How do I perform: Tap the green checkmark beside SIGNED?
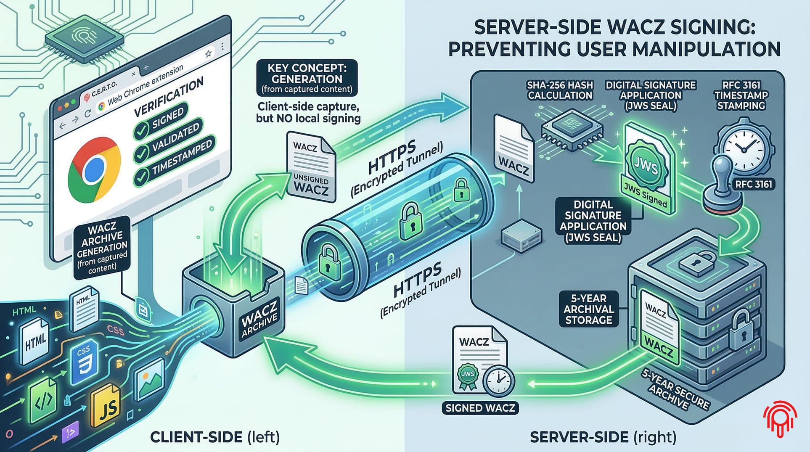click(x=141, y=130)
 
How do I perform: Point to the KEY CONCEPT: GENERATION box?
click(x=307, y=78)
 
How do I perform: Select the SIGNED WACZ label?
click(x=480, y=408)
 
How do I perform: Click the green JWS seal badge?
click(x=644, y=167)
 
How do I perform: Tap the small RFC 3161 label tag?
click(x=753, y=184)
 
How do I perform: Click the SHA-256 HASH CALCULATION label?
click(x=560, y=90)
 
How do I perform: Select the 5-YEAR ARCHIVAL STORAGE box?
click(x=588, y=309)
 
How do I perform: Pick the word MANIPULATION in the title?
click(x=706, y=49)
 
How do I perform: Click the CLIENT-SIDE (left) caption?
click(x=215, y=437)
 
